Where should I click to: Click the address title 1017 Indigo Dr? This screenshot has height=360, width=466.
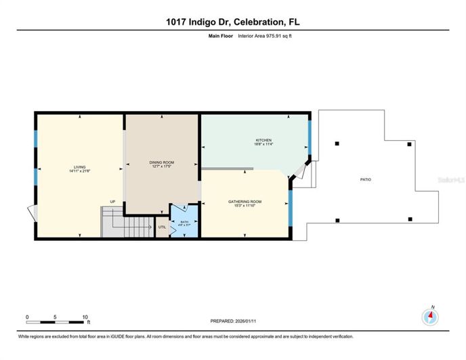(233, 22)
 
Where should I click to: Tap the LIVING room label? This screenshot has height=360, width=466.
(79, 167)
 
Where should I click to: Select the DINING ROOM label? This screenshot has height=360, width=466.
(162, 162)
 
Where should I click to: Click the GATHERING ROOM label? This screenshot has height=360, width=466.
(245, 202)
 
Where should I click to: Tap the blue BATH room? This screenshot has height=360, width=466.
(184, 223)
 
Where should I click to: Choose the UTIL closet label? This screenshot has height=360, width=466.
(162, 227)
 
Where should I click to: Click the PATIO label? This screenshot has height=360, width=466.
(366, 179)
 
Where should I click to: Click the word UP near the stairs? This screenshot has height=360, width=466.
(113, 201)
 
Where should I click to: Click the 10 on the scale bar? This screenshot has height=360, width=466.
(85, 317)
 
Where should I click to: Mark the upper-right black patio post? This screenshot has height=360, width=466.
(409, 144)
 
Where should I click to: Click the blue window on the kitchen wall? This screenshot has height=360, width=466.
(310, 135)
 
